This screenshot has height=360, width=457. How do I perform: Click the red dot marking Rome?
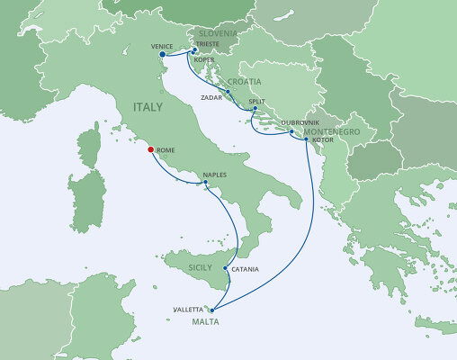(149, 149)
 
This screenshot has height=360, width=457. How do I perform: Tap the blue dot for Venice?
(162, 54)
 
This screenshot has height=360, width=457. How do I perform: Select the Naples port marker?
(206, 184)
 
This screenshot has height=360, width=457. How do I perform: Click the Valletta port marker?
(212, 310)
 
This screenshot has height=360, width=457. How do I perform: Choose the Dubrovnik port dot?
(291, 132)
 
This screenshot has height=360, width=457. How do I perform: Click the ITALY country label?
(148, 106)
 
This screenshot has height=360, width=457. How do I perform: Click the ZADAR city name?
(214, 94)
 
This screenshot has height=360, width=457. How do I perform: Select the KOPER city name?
(204, 60)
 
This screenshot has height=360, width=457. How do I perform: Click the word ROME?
(166, 149)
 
